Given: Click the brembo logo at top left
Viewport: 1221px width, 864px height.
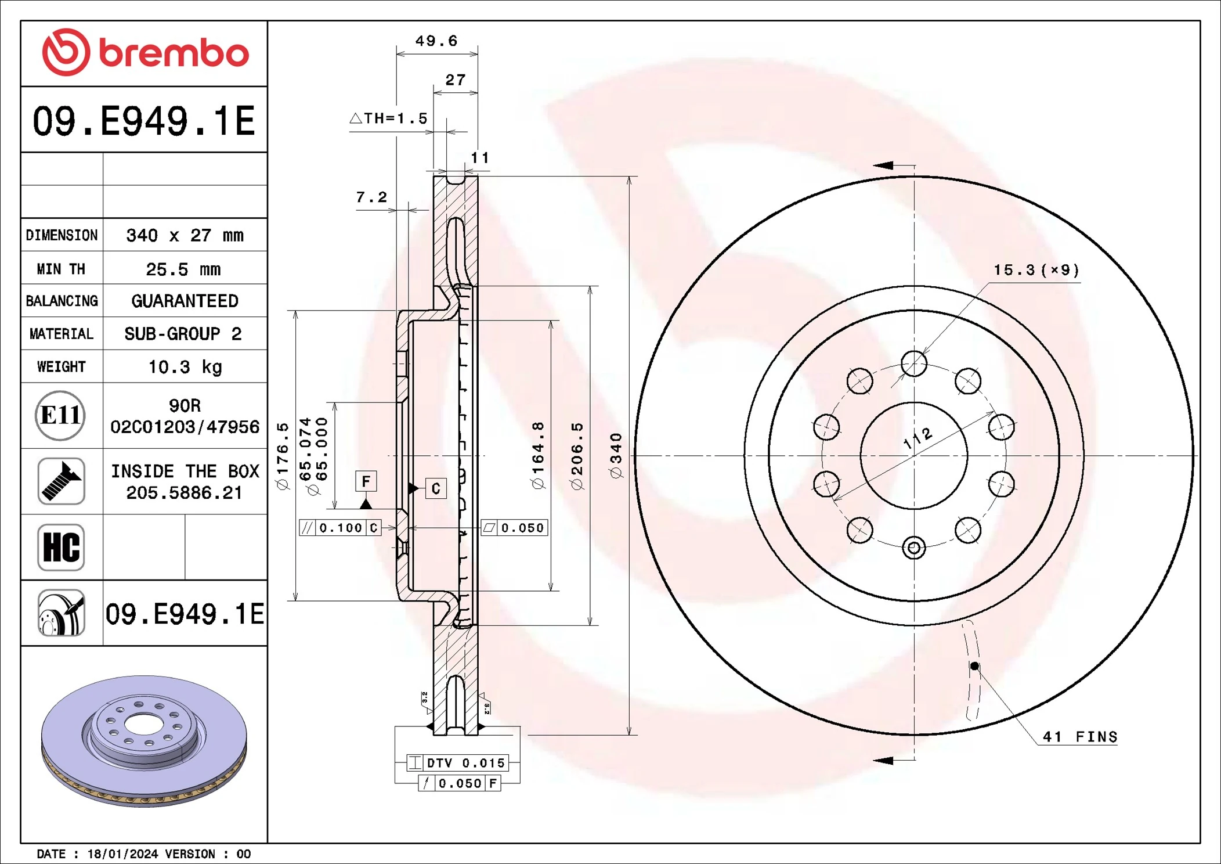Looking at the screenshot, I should (x=145, y=53).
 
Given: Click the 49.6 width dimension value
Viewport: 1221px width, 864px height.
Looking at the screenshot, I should (x=436, y=41).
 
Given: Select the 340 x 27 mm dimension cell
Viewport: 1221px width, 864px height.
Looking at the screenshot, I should (x=185, y=235).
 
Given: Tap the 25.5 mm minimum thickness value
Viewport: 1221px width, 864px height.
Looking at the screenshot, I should (x=183, y=269).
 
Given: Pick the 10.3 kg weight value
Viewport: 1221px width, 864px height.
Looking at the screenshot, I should (x=185, y=367).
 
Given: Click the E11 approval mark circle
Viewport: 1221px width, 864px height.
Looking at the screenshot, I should (x=60, y=416).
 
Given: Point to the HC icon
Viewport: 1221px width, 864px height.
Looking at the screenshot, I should (x=61, y=547).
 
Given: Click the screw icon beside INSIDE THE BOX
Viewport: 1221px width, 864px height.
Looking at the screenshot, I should (x=61, y=481).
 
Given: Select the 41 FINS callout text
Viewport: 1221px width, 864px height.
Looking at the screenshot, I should (x=1079, y=737).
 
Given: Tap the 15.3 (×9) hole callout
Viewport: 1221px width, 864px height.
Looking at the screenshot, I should (x=1036, y=270).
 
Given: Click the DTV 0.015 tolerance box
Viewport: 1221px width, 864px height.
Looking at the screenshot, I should (x=458, y=763).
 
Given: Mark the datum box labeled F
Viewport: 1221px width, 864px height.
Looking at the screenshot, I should (x=366, y=481).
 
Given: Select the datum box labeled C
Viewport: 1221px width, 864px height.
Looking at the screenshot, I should (x=436, y=488).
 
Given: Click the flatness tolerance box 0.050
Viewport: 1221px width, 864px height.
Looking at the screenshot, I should (x=515, y=528).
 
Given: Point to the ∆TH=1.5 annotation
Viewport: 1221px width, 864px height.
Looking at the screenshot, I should (x=389, y=118).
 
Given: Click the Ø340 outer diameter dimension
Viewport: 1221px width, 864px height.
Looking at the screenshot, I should (x=616, y=456).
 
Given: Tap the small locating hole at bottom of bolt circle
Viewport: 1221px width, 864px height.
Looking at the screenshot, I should (x=913, y=548).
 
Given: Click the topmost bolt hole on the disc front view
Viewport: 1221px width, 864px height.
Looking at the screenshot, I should (x=914, y=363).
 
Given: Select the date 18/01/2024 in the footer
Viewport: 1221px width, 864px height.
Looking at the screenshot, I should (x=122, y=854).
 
